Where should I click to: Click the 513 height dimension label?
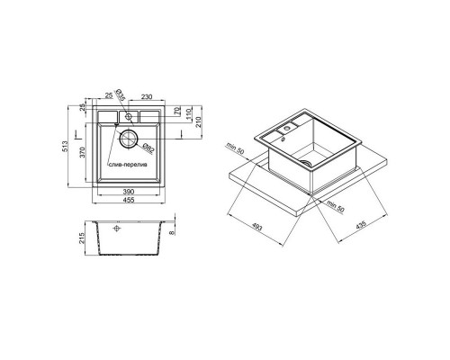tap(67, 146)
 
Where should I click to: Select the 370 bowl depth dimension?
tap(84, 152)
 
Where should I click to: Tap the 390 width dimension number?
tap(129, 192)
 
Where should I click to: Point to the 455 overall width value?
tap(129, 200)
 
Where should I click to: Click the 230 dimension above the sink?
tap(147, 97)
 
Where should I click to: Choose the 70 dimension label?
tap(176, 111)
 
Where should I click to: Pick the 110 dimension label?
tap(188, 113)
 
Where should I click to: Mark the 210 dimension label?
tap(198, 121)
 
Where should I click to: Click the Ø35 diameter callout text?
tap(120, 94)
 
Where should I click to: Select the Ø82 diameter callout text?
tap(148, 148)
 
